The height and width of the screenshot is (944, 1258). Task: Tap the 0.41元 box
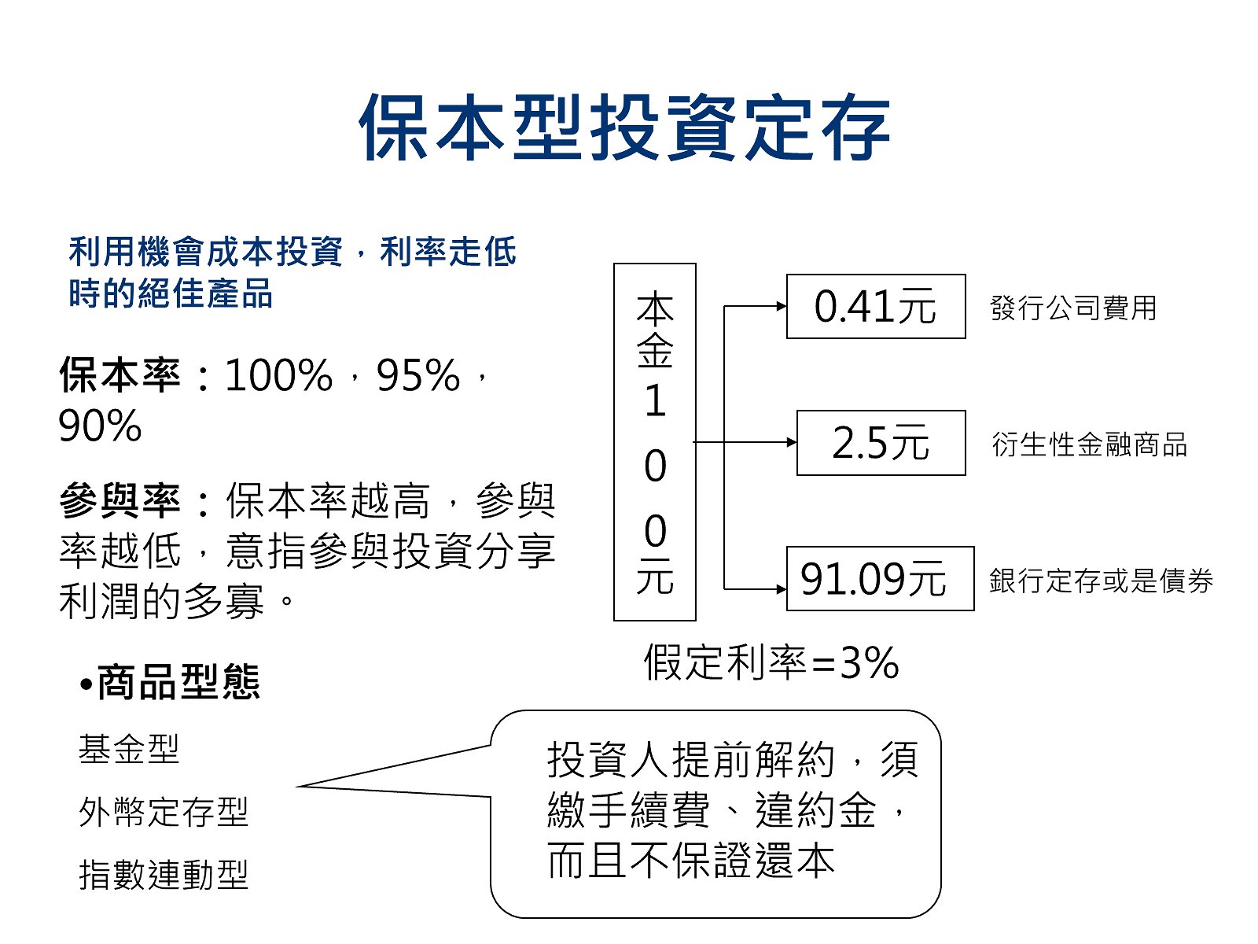point(876,307)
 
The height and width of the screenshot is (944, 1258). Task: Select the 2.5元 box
point(881,443)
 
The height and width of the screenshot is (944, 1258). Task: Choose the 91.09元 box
point(881,579)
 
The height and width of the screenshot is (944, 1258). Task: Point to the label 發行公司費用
point(1073,308)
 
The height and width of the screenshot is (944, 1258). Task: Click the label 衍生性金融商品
point(1089,444)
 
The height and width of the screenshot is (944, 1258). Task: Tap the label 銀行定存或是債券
point(1101,581)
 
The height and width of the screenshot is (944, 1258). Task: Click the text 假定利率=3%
point(771,662)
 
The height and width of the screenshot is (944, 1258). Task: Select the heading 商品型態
point(178,683)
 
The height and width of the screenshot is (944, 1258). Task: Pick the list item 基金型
point(129,749)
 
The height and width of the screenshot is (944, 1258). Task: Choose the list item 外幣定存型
point(164,812)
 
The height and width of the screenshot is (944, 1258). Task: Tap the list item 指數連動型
point(164,876)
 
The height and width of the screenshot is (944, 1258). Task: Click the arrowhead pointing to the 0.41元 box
point(782,307)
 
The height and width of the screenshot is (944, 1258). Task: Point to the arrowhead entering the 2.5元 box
point(792,442)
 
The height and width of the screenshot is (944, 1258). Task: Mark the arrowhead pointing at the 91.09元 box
point(782,589)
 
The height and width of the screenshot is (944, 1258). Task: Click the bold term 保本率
point(120,375)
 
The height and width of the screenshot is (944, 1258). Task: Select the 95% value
point(418,376)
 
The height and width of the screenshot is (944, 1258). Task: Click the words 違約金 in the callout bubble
point(815,811)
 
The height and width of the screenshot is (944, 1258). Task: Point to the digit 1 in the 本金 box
point(656,400)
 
